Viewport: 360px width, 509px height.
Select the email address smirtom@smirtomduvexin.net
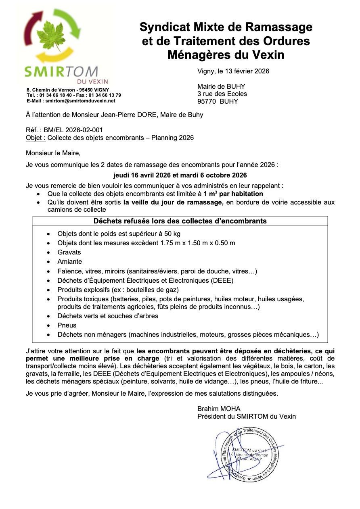pyautogui.click(x=80, y=101)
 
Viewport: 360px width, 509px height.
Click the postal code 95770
pyautogui.click(x=207, y=101)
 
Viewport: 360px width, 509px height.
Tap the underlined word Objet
pyautogui.click(x=34, y=138)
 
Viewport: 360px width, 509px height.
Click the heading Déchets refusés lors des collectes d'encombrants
pyautogui.click(x=180, y=221)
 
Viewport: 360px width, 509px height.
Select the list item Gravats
pyautogui.click(x=69, y=252)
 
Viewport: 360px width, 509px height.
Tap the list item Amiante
pyautogui.click(x=69, y=262)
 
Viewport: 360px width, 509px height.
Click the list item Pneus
pyautogui.click(x=67, y=325)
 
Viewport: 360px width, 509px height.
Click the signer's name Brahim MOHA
pyautogui.click(x=219, y=409)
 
